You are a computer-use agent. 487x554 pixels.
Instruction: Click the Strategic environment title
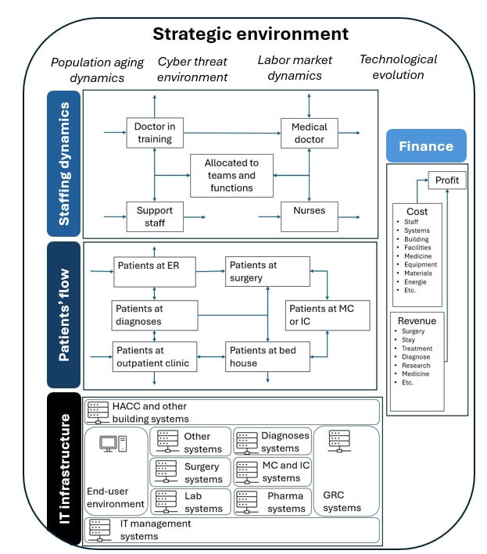(250, 34)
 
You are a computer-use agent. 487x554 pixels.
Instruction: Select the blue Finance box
(426, 146)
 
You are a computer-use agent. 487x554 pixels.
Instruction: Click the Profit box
(447, 180)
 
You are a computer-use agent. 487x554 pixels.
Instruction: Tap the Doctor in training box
(154, 133)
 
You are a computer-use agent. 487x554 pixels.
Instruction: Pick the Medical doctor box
(310, 133)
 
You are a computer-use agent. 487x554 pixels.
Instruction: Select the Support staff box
(154, 216)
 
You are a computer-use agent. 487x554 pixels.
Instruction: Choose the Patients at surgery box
(267, 271)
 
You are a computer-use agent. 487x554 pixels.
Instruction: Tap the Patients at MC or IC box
(328, 314)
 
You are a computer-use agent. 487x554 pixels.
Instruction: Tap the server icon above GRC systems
(339, 439)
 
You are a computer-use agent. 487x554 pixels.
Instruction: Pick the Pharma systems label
(286, 502)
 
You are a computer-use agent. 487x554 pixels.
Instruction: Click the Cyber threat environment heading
(193, 69)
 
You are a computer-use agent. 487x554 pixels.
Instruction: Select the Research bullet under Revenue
(416, 366)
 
